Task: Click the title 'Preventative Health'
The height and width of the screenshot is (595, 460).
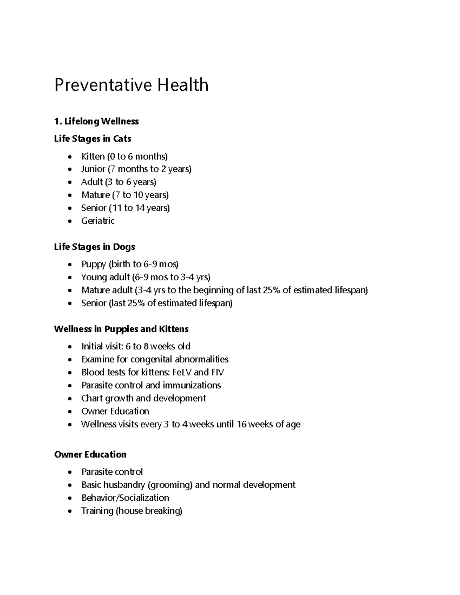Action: pyautogui.click(x=131, y=85)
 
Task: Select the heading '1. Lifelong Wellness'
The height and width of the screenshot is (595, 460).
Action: pyautogui.click(x=96, y=121)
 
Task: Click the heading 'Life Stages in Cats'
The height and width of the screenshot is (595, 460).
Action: pyautogui.click(x=92, y=139)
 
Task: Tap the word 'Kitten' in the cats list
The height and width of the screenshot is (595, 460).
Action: pyautogui.click(x=93, y=156)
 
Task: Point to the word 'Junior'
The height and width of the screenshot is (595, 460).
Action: pyautogui.click(x=93, y=169)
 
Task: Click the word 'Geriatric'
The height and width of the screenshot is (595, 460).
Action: pyautogui.click(x=98, y=221)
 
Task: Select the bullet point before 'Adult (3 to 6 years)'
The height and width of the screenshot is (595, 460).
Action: pyautogui.click(x=69, y=182)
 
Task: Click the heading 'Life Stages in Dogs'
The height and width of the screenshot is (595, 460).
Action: pyautogui.click(x=94, y=247)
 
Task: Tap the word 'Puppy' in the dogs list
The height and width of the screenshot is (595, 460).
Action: pyautogui.click(x=94, y=264)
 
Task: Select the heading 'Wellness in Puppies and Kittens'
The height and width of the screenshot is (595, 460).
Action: pyautogui.click(x=121, y=329)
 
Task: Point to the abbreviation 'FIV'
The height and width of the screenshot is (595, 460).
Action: pyautogui.click(x=217, y=372)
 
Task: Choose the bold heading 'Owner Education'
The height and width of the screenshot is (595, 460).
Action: pyautogui.click(x=90, y=454)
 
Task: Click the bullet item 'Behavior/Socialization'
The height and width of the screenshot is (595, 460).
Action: pyautogui.click(x=125, y=498)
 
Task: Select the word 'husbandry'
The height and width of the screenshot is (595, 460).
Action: pyautogui.click(x=126, y=485)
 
